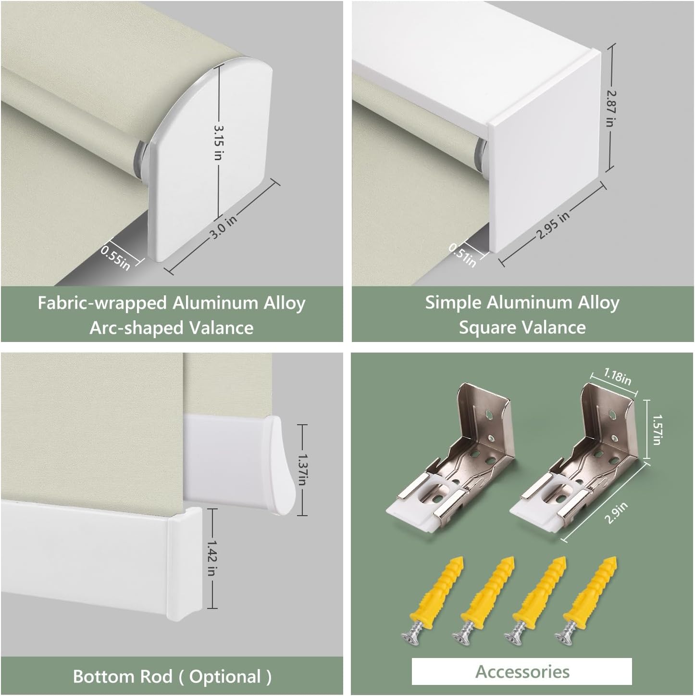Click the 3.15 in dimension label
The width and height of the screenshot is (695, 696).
pos(218,143)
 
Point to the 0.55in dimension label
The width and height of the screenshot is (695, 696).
pos(115,257)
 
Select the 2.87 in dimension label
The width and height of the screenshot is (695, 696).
pos(610,108)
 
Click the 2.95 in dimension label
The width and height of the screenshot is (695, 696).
pos(553,224)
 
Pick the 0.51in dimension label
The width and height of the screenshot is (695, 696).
pos(462,255)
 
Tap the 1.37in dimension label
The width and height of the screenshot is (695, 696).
pos(302,470)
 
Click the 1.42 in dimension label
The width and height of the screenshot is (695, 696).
pos(212,558)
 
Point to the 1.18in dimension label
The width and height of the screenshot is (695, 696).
pos(617,377)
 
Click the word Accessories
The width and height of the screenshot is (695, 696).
pos(522,672)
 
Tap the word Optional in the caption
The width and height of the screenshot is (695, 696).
pos(225,676)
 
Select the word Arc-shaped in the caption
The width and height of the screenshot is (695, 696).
pos(137,329)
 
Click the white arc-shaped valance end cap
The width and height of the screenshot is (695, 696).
pos(211,159)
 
